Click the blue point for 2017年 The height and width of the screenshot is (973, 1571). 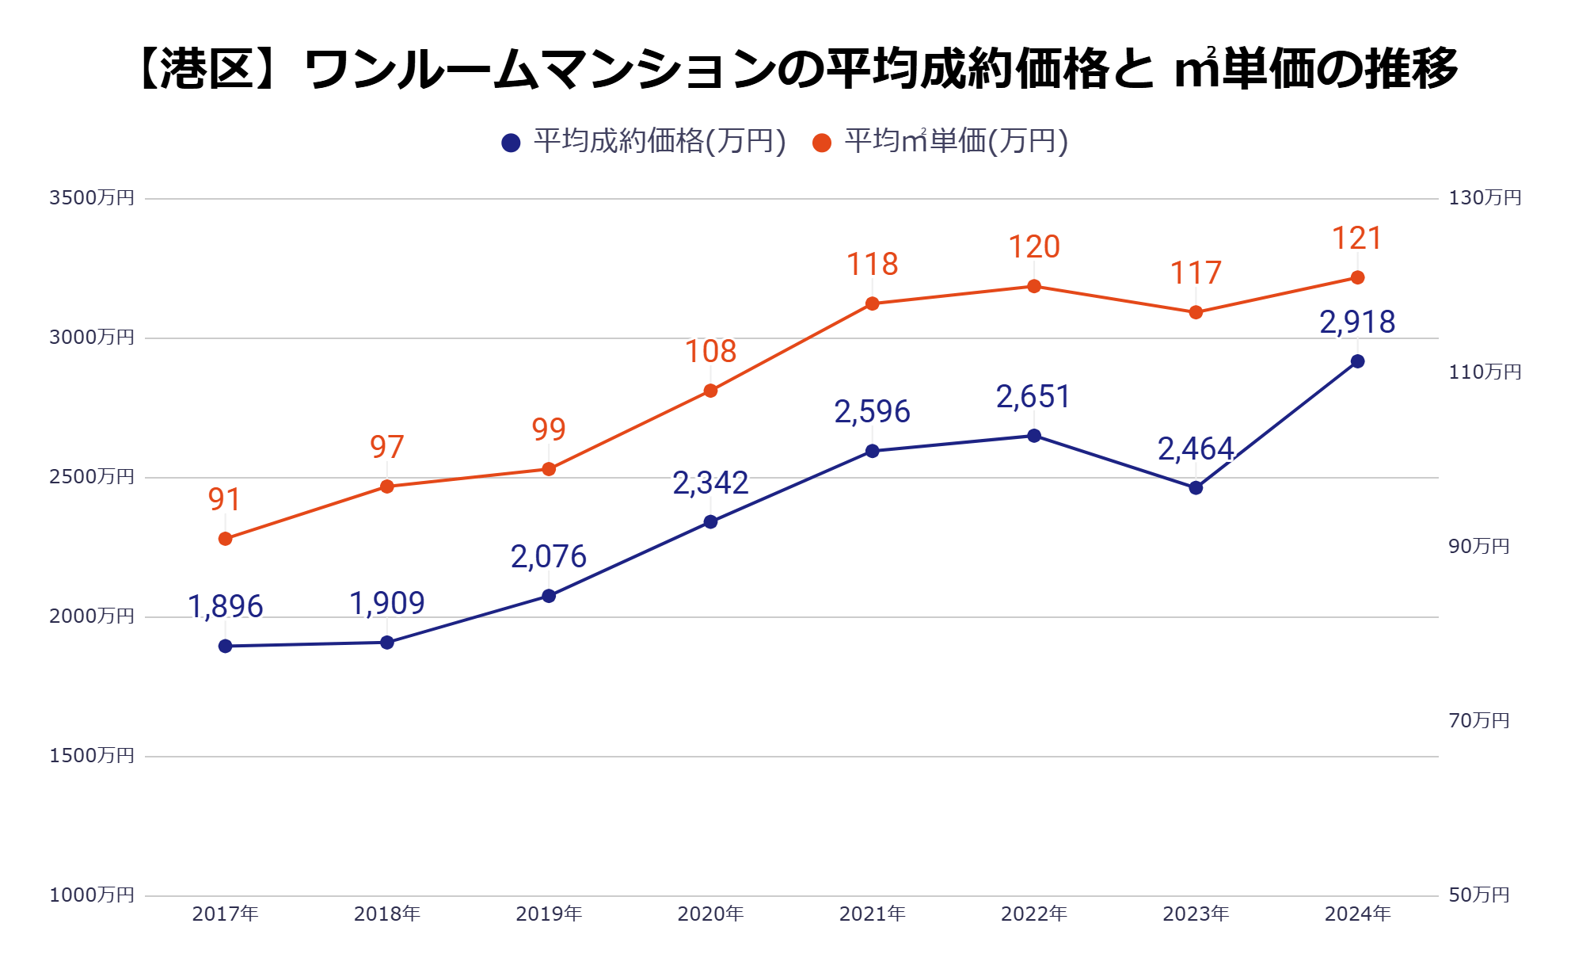click(226, 647)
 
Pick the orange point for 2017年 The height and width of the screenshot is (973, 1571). click(226, 539)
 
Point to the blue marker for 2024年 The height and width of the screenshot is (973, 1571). click(1357, 361)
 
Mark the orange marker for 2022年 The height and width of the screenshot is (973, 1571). click(1034, 286)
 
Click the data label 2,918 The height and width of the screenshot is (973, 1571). click(1357, 322)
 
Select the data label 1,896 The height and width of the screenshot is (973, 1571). click(226, 607)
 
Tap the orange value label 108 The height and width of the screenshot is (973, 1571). click(710, 352)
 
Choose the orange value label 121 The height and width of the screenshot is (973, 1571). click(1357, 238)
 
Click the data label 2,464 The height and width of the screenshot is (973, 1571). click(1196, 449)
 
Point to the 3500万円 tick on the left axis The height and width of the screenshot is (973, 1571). click(92, 198)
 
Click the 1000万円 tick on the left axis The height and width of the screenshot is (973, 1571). click(92, 895)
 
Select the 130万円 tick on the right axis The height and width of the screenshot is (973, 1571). click(1485, 198)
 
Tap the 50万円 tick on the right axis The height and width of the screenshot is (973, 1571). click(1478, 895)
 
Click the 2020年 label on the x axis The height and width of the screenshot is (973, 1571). click(710, 914)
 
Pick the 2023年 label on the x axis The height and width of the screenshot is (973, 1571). click(1196, 914)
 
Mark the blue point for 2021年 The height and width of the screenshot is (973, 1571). click(873, 452)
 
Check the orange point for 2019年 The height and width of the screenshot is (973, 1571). click(549, 469)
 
